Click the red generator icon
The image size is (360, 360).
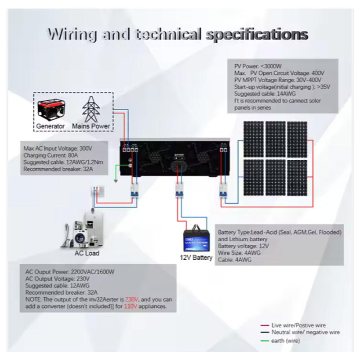pyautogui.click(x=50, y=109)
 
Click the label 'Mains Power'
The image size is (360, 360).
pyautogui.click(x=91, y=126)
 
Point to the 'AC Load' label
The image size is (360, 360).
pyautogui.click(x=87, y=253)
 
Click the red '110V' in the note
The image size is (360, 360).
pyautogui.click(x=130, y=306)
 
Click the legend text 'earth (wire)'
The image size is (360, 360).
pyautogui.click(x=286, y=341)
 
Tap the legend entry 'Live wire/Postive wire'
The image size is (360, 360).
pyautogui.click(x=299, y=325)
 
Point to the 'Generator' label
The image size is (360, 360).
pyautogui.click(x=50, y=126)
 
